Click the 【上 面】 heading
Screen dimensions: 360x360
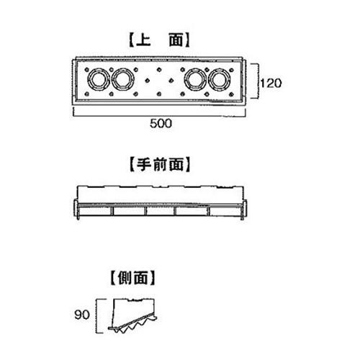tap(159, 40)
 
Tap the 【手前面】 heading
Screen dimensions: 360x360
tap(160, 164)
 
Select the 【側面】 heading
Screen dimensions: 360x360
tap(132, 278)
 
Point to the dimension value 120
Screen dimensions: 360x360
tap(271, 84)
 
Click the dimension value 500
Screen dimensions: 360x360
tap(161, 123)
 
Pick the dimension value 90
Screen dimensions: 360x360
tap(82, 315)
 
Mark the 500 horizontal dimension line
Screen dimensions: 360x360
tap(159, 116)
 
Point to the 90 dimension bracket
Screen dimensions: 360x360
tap(96, 316)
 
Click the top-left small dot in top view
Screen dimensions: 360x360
tap(87, 70)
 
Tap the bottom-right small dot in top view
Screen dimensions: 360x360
tap(231, 94)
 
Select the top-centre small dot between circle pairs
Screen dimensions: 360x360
tap(159, 70)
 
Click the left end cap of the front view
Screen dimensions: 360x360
tap(76, 209)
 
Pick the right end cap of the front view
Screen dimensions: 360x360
tap(244, 209)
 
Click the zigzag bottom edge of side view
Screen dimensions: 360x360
tap(133, 325)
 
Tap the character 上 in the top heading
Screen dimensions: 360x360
tap(143, 40)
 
